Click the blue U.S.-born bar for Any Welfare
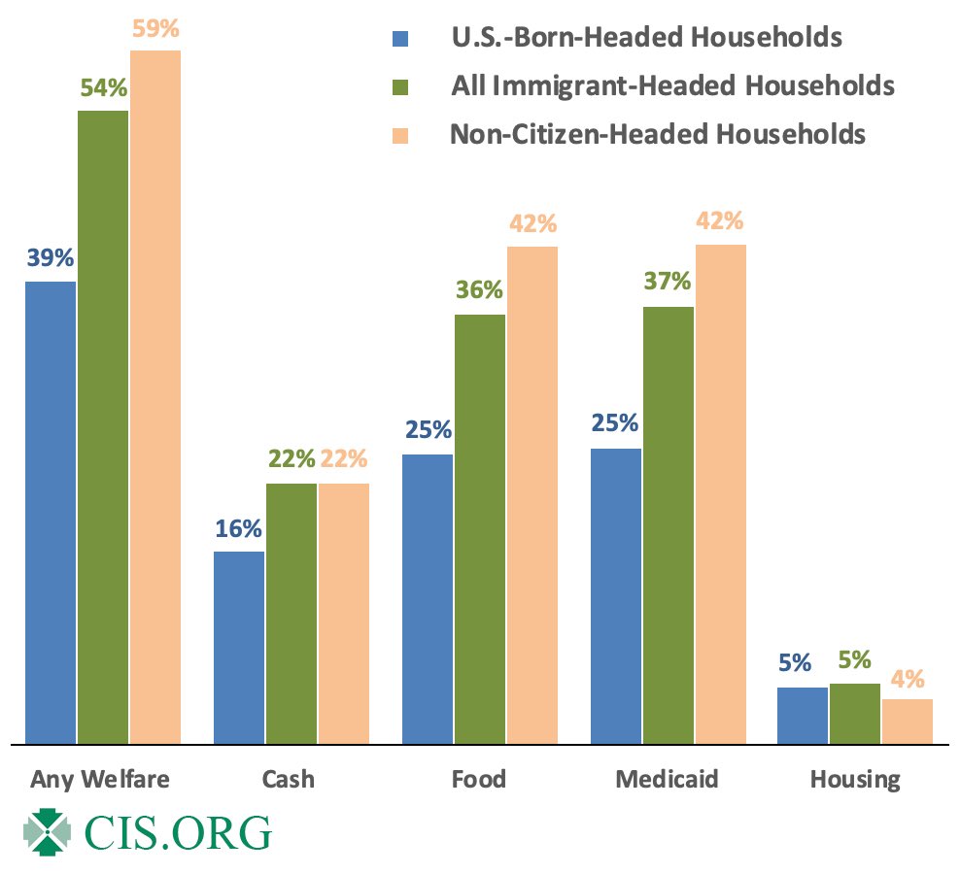[x=51, y=513]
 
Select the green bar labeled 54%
[x=103, y=427]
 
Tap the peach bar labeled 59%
[x=155, y=397]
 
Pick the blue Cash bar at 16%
[x=239, y=648]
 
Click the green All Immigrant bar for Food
[x=480, y=529]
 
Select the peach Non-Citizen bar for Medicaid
[x=720, y=494]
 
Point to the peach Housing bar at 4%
[x=908, y=722]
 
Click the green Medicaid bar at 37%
[x=669, y=525]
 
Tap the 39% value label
[x=51, y=259]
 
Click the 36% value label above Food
[x=479, y=290]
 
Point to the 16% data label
[x=239, y=529]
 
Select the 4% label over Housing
[x=908, y=677]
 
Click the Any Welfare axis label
[x=100, y=779]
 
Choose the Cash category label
[x=289, y=779]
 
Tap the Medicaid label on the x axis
[x=667, y=779]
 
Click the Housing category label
[x=855, y=779]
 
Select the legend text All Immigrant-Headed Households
[x=672, y=85]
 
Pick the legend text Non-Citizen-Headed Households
[x=658, y=133]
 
